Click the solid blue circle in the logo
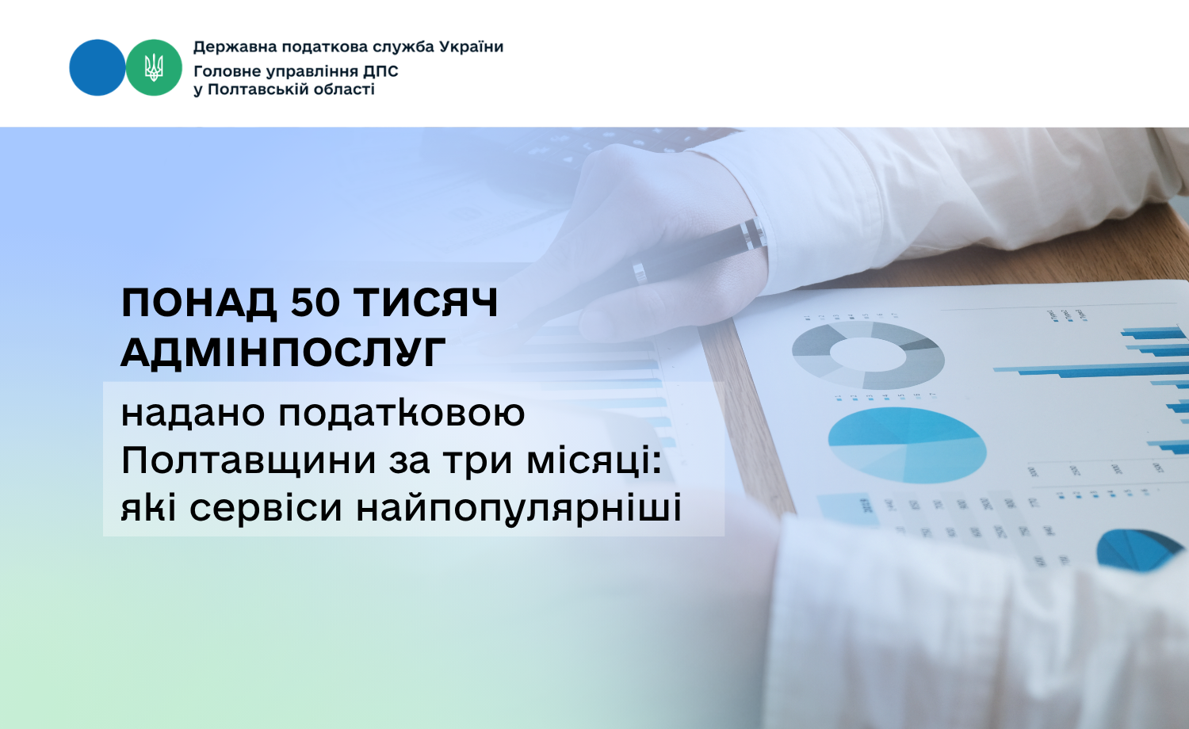[x=97, y=67]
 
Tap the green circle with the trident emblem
[x=154, y=67]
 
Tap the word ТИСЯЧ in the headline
[x=426, y=303]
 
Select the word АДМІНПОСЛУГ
[x=283, y=353]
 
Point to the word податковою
[x=402, y=414]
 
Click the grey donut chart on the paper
[x=868, y=354]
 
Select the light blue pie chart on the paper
[x=907, y=445]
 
